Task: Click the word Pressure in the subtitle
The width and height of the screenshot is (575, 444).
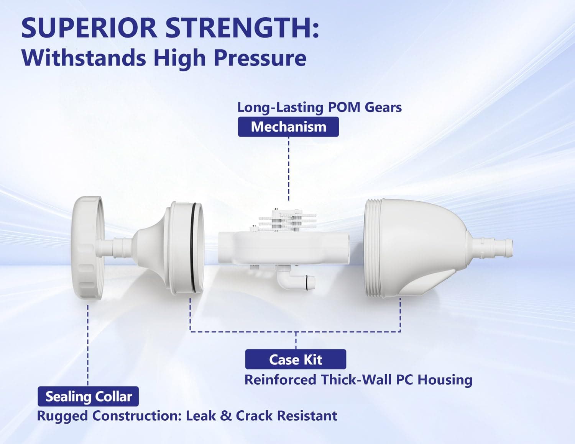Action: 260,58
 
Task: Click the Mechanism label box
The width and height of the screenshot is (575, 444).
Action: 288,127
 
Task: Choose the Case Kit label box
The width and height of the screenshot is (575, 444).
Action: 296,359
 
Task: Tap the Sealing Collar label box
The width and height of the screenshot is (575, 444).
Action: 88,396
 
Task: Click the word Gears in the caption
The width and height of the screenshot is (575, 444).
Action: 383,107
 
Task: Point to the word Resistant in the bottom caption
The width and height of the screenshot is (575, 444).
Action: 307,416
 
